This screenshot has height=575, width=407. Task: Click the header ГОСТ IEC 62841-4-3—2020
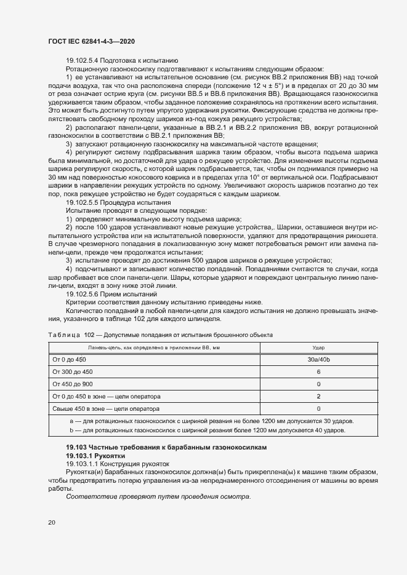point(91,41)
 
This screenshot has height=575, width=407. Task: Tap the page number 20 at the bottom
point(51,521)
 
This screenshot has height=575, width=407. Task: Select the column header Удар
point(318,347)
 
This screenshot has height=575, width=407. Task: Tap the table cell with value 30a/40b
point(318,359)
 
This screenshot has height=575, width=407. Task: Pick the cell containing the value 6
point(318,371)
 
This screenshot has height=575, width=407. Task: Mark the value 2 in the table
point(318,395)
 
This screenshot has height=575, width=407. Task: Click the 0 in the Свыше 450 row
point(318,408)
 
